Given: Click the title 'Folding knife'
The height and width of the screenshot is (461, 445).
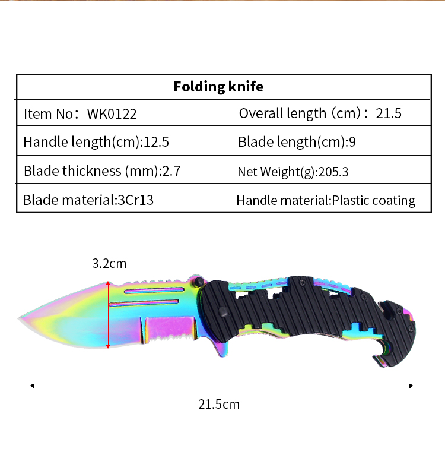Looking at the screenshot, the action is [218, 87].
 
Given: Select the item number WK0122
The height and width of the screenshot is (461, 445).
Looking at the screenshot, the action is [112, 114].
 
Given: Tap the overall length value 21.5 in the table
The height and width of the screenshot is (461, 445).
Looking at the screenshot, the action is [388, 113].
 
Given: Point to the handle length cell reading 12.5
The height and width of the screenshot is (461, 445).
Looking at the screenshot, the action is [96, 142].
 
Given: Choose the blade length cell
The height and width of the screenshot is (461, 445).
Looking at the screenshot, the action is [297, 142].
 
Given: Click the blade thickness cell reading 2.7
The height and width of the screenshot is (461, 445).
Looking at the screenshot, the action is [102, 171].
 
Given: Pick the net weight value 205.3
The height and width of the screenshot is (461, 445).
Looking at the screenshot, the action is [333, 172].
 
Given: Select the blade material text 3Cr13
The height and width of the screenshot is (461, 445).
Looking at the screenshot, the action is [135, 200].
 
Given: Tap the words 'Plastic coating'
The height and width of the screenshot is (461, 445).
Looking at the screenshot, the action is [373, 201].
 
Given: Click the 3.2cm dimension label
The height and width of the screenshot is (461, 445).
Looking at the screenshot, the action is [109, 263].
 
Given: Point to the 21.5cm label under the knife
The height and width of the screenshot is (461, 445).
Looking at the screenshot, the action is [219, 404].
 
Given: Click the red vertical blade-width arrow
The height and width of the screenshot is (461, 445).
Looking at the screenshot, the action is [108, 315].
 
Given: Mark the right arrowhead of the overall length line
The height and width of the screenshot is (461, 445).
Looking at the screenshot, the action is [411, 386].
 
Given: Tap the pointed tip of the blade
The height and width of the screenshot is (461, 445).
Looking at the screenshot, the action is [19, 318].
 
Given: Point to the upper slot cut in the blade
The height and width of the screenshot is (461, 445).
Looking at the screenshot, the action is [154, 291].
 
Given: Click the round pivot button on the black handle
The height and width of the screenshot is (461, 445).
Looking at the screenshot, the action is [223, 312].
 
